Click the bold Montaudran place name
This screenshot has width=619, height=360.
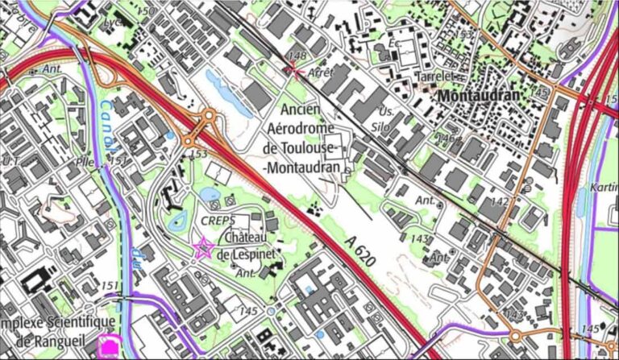[480, 95]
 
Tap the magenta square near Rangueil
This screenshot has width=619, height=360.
[107, 346]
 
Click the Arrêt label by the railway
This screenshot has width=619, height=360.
[320, 72]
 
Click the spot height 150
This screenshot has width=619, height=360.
[145, 10]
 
